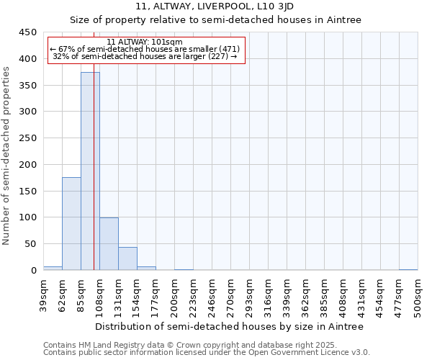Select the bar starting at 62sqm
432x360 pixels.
(71, 224)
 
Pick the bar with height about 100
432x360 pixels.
(109, 244)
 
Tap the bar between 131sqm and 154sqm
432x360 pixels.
(127, 258)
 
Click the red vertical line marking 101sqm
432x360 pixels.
(94, 180)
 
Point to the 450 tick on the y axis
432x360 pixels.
(29, 32)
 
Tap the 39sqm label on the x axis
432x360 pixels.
(44, 297)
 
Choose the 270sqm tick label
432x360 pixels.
(231, 298)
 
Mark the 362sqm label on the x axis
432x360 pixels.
(306, 298)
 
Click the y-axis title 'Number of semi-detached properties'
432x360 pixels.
(7, 156)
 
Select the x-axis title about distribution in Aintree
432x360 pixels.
(229, 326)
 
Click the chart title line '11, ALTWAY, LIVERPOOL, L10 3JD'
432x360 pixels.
(215, 7)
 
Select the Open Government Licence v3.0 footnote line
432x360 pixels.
(207, 353)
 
